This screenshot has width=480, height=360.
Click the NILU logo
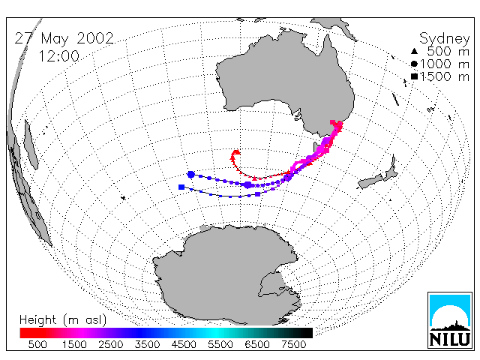coord(450,320)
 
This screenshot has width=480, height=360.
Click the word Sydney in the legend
coord(444,39)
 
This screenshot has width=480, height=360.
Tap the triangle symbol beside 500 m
coord(414,51)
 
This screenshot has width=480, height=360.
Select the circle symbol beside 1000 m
coord(414,64)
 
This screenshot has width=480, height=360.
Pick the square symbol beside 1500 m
coord(414,76)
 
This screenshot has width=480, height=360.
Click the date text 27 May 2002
coord(64,38)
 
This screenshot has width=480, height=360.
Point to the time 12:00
coord(58,56)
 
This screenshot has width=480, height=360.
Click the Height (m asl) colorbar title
coord(63,320)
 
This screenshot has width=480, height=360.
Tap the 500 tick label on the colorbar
coord(37,345)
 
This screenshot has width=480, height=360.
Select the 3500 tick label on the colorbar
coord(147,345)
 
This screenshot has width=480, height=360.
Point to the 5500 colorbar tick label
coord(220,345)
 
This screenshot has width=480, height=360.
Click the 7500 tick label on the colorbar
coord(293,345)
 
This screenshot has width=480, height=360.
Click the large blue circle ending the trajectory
coord(191,175)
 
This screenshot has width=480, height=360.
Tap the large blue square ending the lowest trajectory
coord(181,187)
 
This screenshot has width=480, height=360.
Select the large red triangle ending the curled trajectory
coord(236,152)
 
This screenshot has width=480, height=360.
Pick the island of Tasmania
coord(315,147)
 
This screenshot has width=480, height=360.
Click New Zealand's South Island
coord(370,181)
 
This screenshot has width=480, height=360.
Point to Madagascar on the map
coord(31,145)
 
